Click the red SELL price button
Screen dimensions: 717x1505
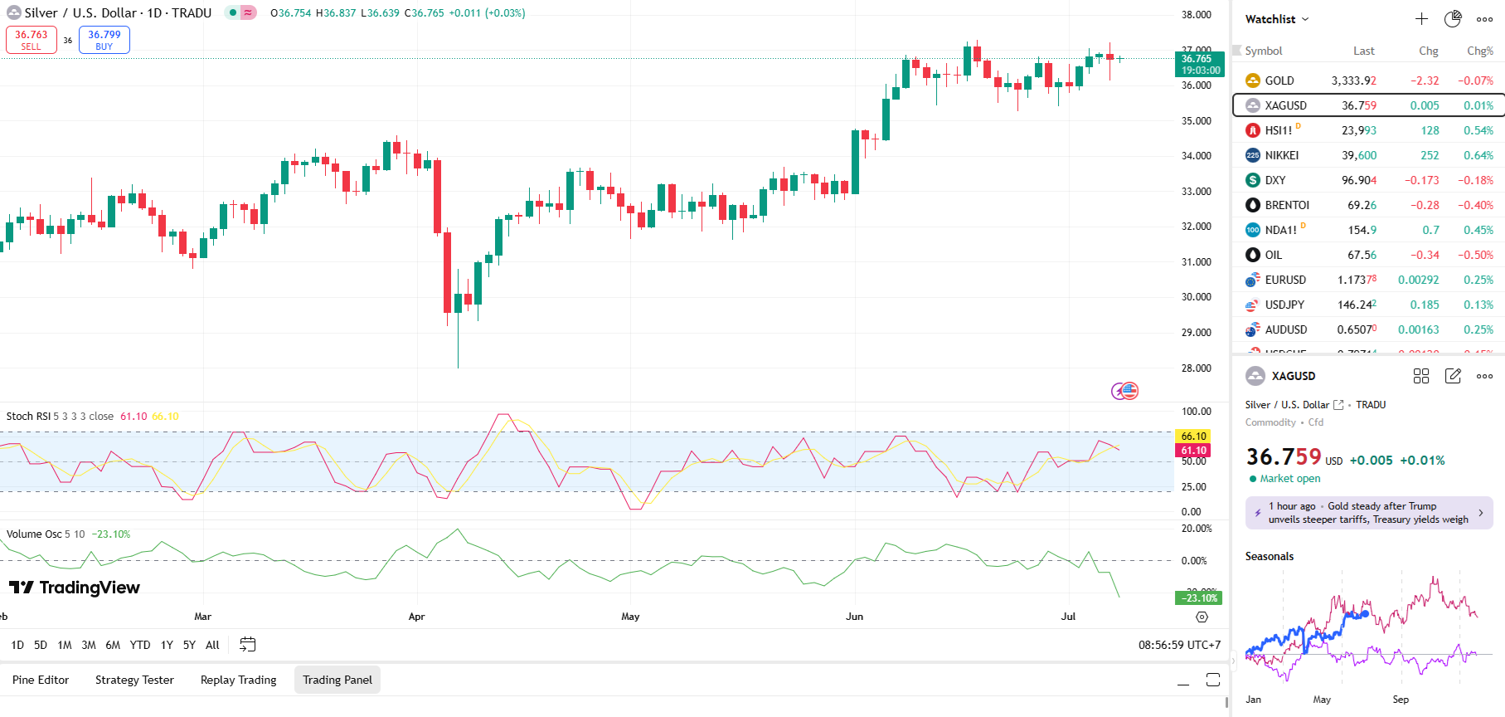point(32,40)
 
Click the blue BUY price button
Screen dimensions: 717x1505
point(104,40)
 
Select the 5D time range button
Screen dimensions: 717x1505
point(41,645)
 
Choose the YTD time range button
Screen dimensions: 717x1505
point(140,645)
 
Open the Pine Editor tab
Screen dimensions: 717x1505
point(41,680)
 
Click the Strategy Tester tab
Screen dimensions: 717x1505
point(134,680)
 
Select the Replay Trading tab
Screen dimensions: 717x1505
point(239,680)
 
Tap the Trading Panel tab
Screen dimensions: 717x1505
point(337,680)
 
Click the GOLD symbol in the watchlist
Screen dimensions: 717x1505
point(1279,80)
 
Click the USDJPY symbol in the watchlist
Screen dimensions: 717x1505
point(1284,305)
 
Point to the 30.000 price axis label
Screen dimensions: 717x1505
point(1196,297)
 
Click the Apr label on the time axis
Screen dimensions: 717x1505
point(416,617)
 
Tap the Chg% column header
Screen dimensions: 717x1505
point(1479,51)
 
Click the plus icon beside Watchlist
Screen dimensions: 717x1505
point(1421,19)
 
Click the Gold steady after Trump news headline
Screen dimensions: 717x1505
point(1368,513)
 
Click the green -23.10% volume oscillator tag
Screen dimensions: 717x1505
point(1199,597)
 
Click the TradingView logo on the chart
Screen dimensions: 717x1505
point(75,588)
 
